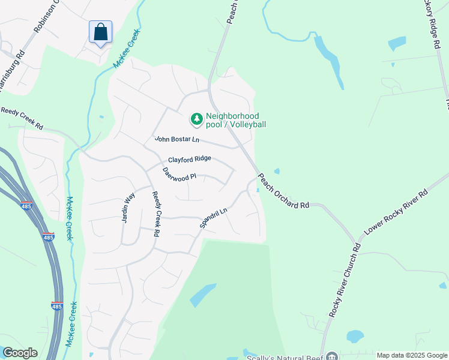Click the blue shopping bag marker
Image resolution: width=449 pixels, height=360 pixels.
(x=101, y=32)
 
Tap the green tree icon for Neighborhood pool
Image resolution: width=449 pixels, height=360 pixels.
(x=196, y=120)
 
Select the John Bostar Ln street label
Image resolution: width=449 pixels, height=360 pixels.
(x=176, y=139)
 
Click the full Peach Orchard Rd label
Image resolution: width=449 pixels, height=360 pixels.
(x=283, y=191)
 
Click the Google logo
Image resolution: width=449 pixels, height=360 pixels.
(x=20, y=353)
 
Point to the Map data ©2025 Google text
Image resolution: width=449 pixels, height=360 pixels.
(x=411, y=355)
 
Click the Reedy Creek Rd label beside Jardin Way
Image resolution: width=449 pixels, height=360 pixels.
(x=157, y=214)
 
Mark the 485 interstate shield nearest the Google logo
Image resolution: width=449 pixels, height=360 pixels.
(x=57, y=305)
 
